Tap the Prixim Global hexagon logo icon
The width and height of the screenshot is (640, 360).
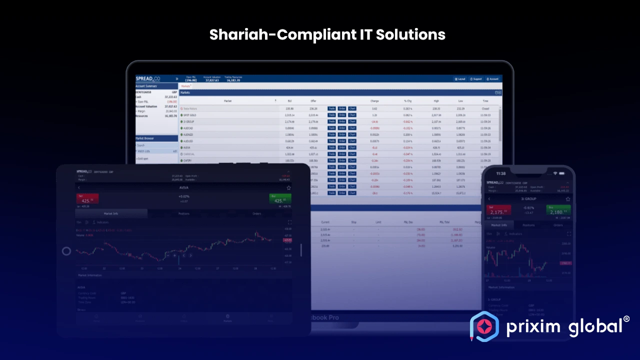coord(484,326)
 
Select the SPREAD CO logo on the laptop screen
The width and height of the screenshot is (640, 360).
coord(148,78)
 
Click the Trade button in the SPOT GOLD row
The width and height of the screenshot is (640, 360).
coord(331,115)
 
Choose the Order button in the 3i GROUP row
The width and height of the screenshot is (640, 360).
coord(342,121)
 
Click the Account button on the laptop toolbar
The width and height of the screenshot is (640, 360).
coord(492,79)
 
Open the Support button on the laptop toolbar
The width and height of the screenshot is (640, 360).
coord(475,79)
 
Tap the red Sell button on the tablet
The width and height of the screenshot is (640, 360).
coord(87,199)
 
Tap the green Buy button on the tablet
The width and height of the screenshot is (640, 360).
coord(280,199)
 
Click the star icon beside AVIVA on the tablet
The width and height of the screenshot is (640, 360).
coord(288,187)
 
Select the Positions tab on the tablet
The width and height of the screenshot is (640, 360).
coord(184,213)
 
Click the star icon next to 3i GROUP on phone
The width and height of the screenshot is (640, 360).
coord(567,198)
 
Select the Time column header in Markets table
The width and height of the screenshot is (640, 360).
coord(485,101)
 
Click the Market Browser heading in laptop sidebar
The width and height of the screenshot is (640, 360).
coord(144,138)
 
